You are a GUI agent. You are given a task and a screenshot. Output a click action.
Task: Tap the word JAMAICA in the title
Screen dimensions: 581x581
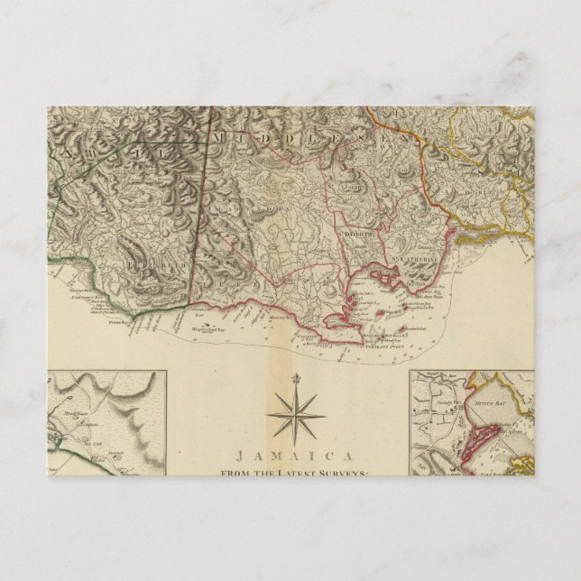(295, 456)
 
